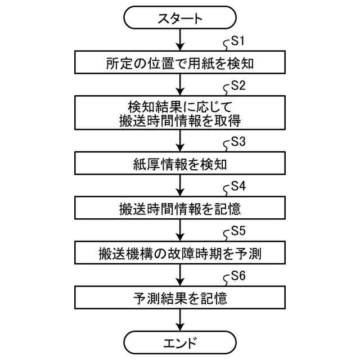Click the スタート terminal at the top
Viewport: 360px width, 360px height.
(x=180, y=19)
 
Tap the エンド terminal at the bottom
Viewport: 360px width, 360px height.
(x=180, y=341)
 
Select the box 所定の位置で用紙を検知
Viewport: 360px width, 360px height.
(x=180, y=63)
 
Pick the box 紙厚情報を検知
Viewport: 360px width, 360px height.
(x=180, y=164)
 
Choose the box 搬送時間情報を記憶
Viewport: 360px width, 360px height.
(x=180, y=208)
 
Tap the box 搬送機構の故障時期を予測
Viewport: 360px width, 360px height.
(x=180, y=253)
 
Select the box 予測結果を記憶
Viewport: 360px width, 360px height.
(x=180, y=298)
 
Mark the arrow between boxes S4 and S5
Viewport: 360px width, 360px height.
(x=180, y=231)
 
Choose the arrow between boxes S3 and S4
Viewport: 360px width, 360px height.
(x=180, y=186)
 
